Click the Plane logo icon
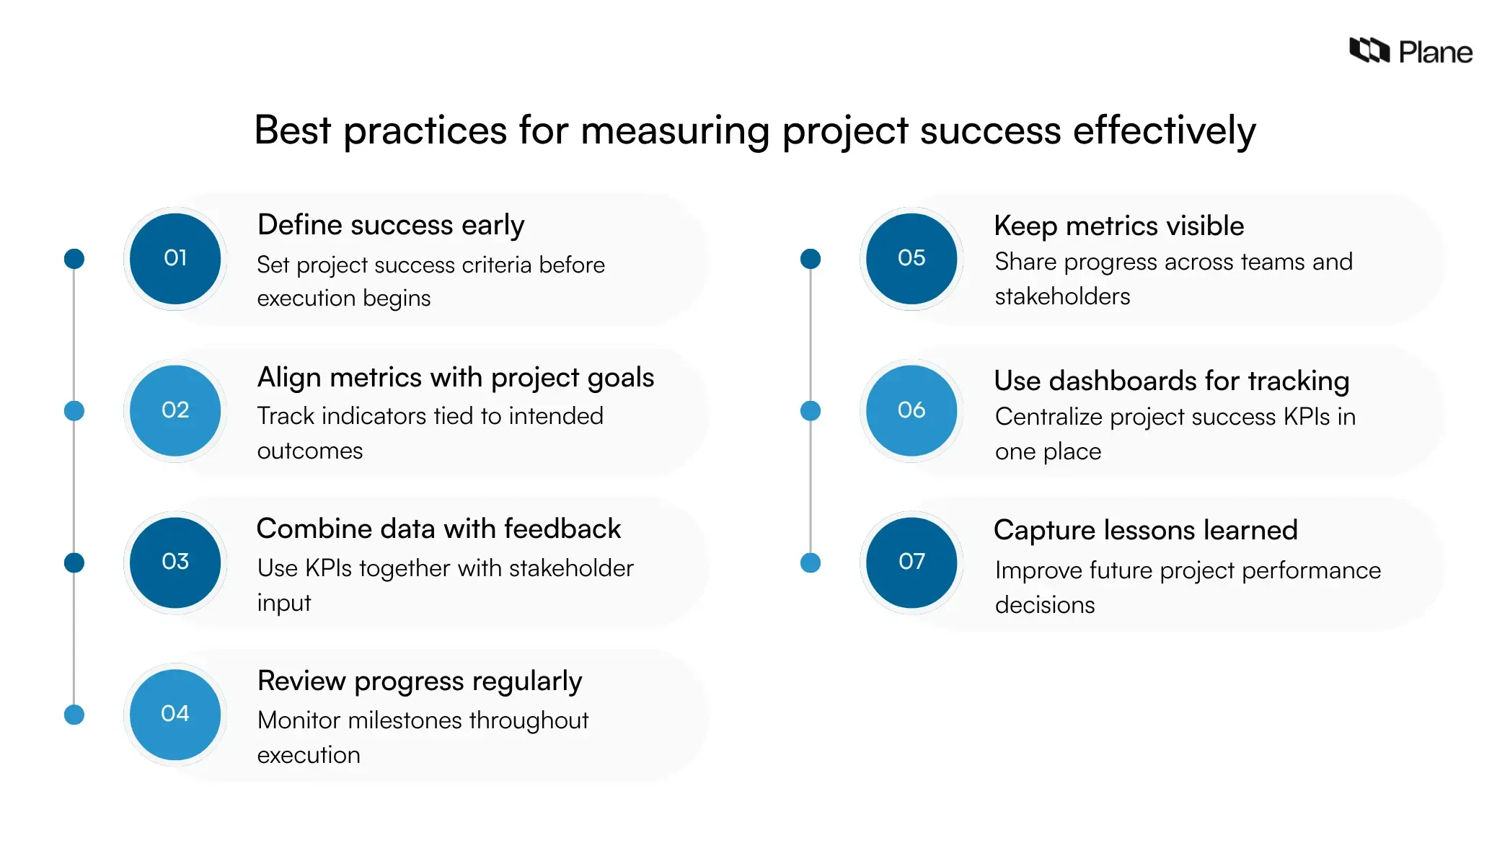1369,50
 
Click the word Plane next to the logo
1435,53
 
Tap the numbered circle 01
175,258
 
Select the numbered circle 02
175,410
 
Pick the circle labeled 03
175,562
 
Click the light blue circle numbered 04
175,714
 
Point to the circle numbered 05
911,258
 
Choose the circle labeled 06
911,410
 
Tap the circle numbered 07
911,562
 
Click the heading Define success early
391,225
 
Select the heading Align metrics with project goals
456,378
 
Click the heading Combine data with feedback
438,529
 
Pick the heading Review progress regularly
420,681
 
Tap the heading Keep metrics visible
1118,226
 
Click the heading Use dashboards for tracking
1171,381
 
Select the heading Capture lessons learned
1145,531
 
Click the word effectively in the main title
1164,131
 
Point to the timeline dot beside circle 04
74,715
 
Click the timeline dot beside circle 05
811,259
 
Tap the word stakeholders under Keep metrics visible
1062,296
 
